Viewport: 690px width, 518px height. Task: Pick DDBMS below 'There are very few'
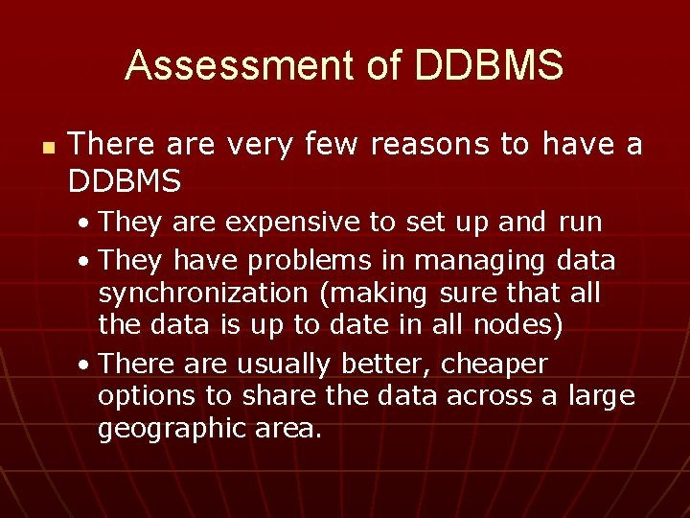click(x=126, y=179)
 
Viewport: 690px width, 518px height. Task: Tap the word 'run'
click(x=580, y=223)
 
